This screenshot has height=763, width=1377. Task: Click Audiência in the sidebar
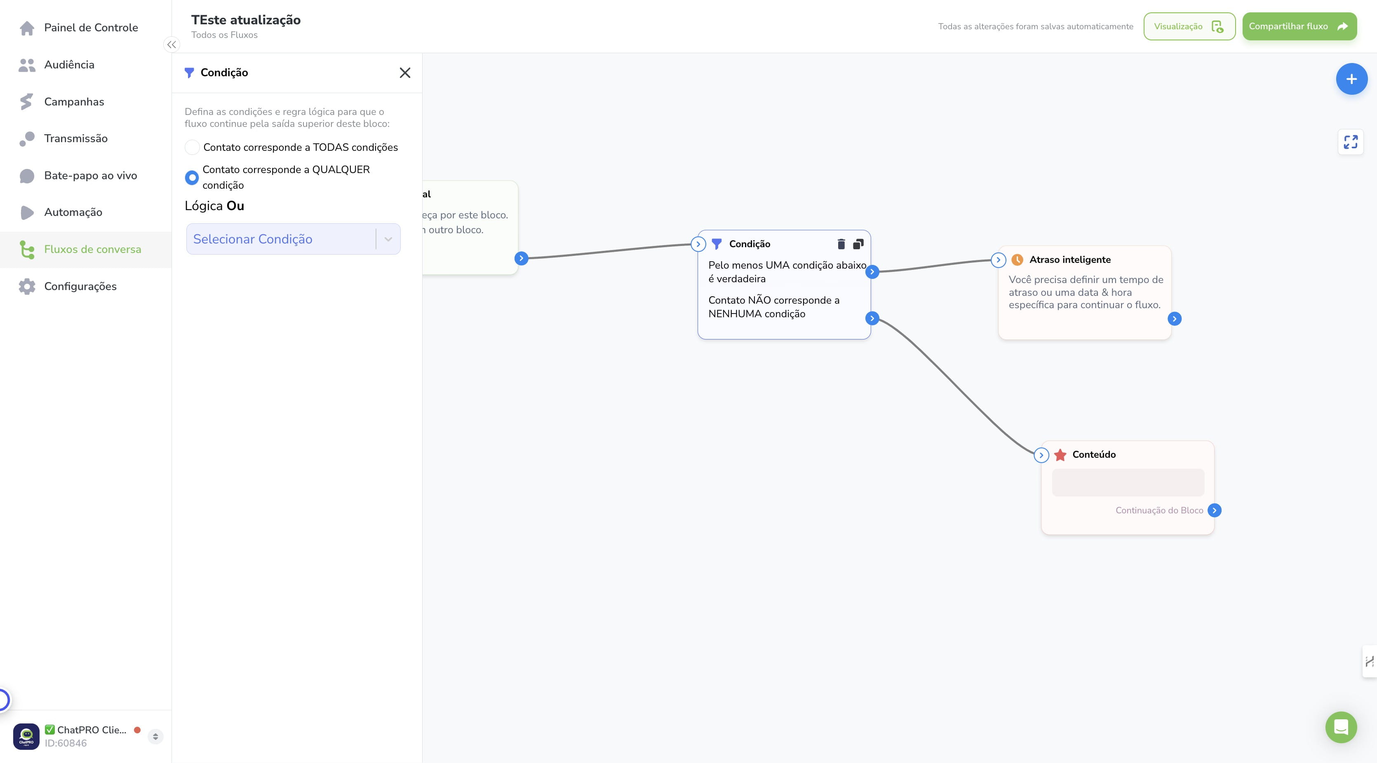56,65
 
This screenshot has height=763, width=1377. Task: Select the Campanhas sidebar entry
61,101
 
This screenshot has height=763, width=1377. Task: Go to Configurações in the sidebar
67,286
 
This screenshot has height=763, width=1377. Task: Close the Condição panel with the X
405,73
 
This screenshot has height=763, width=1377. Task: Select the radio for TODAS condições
192,147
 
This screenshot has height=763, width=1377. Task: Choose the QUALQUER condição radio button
191,178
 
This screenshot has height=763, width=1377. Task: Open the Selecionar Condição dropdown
293,239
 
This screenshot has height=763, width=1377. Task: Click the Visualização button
1189,26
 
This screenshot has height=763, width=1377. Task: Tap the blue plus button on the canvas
1351,79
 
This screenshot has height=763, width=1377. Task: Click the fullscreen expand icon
1350,142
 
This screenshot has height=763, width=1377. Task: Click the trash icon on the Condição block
841,244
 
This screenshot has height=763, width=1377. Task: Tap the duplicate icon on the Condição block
858,244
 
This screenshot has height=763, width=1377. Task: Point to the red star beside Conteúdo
1060,455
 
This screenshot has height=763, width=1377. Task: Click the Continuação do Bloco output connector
1214,510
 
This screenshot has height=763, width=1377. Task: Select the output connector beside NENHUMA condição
872,318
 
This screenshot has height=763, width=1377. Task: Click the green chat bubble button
1341,727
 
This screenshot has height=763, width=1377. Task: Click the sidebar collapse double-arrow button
172,45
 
